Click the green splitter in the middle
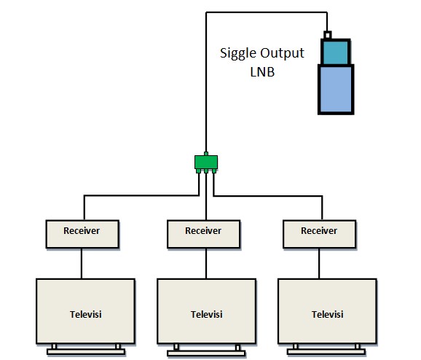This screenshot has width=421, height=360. [206, 163]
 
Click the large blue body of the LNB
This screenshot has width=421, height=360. [336, 89]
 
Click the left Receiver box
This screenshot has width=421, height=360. [82, 231]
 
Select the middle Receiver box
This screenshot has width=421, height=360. [203, 231]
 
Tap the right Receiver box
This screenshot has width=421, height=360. [320, 231]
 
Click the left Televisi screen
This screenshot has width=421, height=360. [86, 314]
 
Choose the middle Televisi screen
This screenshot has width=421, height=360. [207, 314]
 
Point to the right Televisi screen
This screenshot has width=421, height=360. [327, 314]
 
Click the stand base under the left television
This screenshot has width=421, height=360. [86, 352]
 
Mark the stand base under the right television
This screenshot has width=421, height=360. [327, 353]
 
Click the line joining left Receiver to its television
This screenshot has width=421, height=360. [82, 262]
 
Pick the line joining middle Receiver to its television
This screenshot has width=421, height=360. [206, 262]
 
